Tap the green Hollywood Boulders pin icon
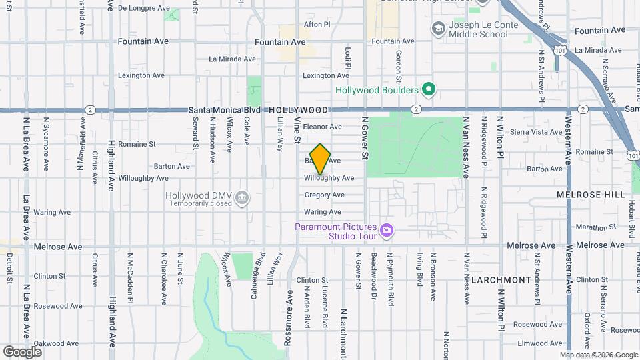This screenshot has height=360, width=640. (429, 90)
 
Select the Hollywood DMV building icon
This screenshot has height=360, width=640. (242, 197)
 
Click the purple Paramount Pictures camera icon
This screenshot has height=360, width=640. (387, 231)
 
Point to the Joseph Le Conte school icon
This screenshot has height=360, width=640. (438, 28)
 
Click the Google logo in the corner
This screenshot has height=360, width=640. (22, 351)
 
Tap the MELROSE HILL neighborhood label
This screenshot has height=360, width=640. (591, 195)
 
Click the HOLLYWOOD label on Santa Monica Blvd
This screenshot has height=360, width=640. (298, 110)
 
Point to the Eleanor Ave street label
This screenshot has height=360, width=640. (322, 127)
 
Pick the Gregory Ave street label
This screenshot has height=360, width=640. (324, 195)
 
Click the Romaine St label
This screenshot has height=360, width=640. (137, 143)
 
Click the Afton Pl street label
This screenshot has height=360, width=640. (317, 24)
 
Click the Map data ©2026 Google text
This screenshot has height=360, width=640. (599, 355)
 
